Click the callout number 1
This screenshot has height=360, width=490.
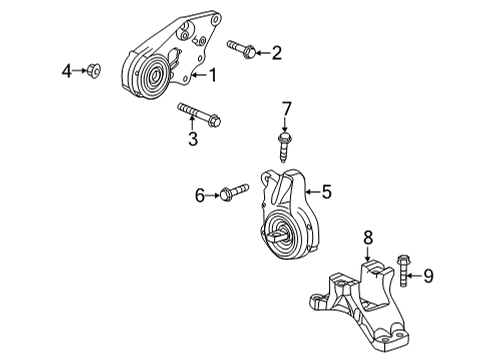click(x=213, y=75)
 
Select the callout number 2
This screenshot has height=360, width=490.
click(x=277, y=53)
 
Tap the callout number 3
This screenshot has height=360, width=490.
click(x=193, y=139)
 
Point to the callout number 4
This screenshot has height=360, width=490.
click(x=67, y=71)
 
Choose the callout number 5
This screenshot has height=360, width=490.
click(x=327, y=192)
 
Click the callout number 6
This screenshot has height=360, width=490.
click(x=199, y=196)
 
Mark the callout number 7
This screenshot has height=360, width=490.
click(x=286, y=109)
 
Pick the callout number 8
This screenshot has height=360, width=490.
click(x=368, y=238)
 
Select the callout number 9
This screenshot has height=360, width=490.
click(x=428, y=276)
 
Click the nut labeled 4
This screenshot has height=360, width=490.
click(x=94, y=71)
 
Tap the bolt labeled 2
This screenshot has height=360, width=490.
click(x=241, y=49)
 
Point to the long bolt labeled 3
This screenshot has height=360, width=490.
click(x=199, y=114)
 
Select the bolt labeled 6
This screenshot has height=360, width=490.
click(x=234, y=191)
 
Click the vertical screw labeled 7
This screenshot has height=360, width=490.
click(x=283, y=147)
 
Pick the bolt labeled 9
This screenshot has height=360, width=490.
click(x=404, y=270)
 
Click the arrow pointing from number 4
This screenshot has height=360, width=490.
click(x=79, y=70)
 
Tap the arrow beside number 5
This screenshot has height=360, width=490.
click(x=313, y=192)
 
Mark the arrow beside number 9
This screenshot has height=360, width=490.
click(x=415, y=276)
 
